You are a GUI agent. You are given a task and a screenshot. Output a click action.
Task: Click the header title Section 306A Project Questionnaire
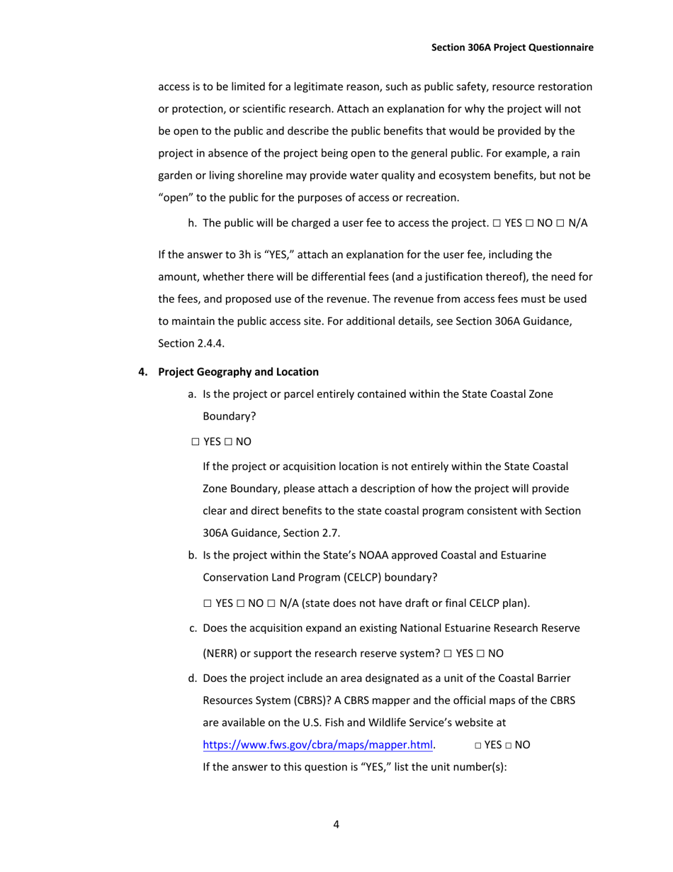[x=512, y=47]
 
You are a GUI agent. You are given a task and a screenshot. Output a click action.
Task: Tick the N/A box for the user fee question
[x=560, y=223]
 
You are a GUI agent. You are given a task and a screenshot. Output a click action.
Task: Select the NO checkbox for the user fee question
[x=530, y=223]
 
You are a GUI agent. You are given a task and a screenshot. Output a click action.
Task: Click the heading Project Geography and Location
[x=238, y=371]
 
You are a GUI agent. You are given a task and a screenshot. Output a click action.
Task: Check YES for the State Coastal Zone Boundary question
[x=196, y=442]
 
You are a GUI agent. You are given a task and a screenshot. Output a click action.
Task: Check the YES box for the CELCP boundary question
[x=208, y=604]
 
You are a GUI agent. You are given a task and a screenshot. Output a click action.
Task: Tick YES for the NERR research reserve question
[x=448, y=654]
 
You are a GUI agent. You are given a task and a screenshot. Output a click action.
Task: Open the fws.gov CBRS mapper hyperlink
[x=318, y=745]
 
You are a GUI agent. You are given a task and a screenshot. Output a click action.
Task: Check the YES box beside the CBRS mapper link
[x=478, y=746]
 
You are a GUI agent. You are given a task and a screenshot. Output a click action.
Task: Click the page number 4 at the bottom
[x=336, y=825]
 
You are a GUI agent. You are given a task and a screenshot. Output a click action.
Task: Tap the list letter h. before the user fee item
[x=192, y=223]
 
